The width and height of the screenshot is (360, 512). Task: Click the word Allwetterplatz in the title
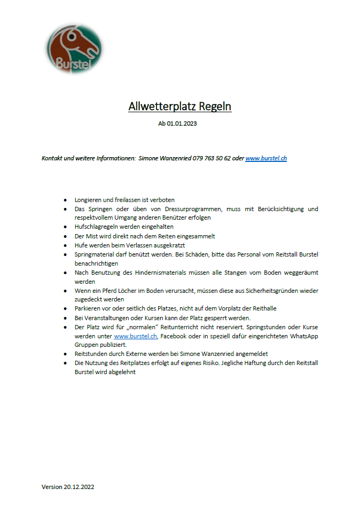coord(162,106)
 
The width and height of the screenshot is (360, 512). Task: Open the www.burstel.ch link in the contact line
coord(266,158)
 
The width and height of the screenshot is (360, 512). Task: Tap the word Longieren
coord(89,200)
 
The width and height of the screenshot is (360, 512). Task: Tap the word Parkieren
coord(88,309)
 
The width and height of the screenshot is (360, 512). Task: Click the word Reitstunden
coord(91,354)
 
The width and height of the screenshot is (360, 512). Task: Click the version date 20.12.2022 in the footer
coord(79,487)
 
